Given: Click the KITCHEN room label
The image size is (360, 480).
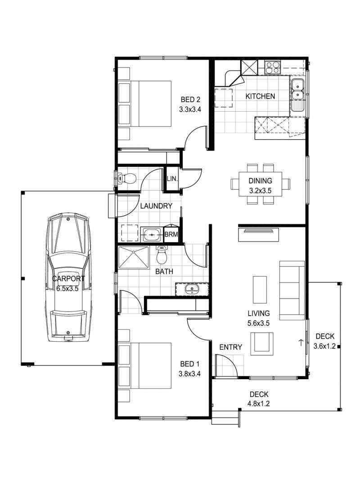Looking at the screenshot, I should pyautogui.click(x=260, y=96).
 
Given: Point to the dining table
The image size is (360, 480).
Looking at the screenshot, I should pyautogui.click(x=261, y=184).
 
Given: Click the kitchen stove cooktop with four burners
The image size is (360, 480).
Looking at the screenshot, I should pyautogui.click(x=272, y=68).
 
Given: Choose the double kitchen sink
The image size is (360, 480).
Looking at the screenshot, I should pyautogui.click(x=297, y=90).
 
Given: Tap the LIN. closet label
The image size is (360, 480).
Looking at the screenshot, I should pyautogui.click(x=172, y=178).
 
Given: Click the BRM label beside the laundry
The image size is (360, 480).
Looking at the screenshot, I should pyautogui.click(x=171, y=234).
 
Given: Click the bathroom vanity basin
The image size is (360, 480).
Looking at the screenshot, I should pyautogui.click(x=192, y=289).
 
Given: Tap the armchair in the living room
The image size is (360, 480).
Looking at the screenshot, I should pyautogui.click(x=262, y=342).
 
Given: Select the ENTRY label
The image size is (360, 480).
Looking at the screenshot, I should pyautogui.click(x=230, y=347).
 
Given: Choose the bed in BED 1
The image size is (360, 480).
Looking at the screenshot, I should pyautogui.click(x=145, y=366).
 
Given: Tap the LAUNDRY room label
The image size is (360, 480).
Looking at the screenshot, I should pyautogui.click(x=156, y=206).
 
